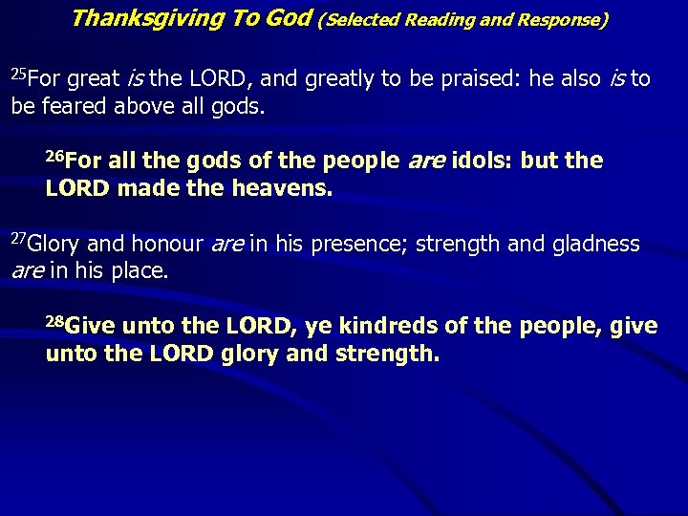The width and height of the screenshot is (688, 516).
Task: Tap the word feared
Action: click(x=74, y=106)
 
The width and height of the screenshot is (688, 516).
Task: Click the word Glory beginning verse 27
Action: click(x=59, y=245)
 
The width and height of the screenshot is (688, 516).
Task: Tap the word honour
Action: click(x=166, y=245)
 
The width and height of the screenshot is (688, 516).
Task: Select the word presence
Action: click(x=365, y=245)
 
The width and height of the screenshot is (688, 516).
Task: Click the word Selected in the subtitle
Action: click(x=370, y=19)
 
